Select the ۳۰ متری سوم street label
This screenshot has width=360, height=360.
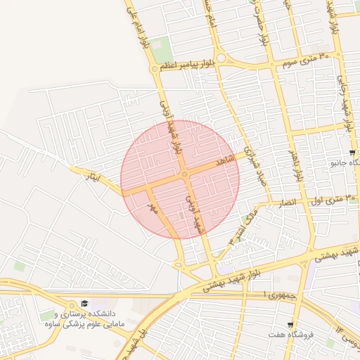pos(304,59)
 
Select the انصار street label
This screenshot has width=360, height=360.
pos(294,202)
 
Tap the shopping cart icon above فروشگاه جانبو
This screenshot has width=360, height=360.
pos(352,153)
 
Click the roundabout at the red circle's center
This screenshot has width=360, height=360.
pos(184,174)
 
